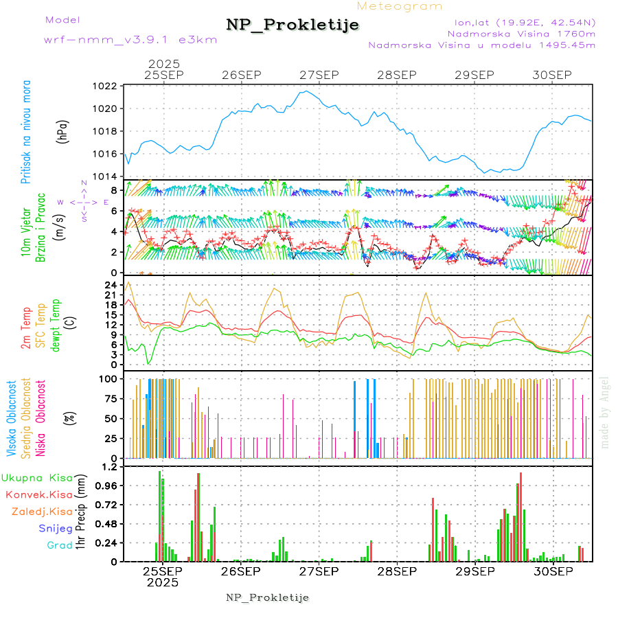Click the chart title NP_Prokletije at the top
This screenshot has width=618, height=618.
293,25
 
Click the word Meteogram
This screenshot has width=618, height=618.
400,6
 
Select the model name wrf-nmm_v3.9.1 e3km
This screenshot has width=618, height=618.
130,39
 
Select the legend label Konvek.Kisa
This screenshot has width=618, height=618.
38,494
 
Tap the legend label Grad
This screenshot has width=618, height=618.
60,546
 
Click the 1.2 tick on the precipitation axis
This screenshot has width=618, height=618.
110,467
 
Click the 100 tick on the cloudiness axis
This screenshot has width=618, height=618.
110,378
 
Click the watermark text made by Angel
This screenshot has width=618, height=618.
604,412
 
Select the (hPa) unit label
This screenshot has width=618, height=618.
62,131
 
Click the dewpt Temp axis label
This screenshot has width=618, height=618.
56,323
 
